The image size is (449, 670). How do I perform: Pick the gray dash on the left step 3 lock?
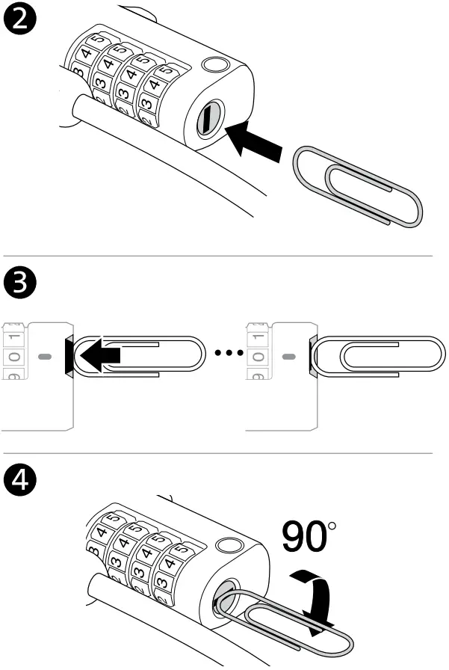[x=44, y=357]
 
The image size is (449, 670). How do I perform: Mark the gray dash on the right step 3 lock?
[x=288, y=357]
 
